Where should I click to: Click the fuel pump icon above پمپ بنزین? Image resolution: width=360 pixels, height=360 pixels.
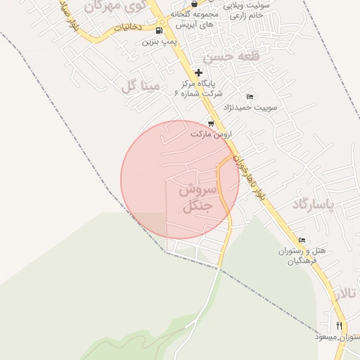pyautogui.click(x=160, y=30)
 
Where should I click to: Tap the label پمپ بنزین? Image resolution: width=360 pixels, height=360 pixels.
pyautogui.click(x=159, y=41)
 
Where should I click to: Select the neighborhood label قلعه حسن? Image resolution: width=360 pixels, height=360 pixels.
pyautogui.click(x=226, y=56)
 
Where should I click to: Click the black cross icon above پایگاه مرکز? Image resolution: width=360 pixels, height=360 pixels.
pyautogui.click(x=199, y=72)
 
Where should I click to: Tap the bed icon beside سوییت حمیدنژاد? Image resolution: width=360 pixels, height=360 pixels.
pyautogui.click(x=250, y=96)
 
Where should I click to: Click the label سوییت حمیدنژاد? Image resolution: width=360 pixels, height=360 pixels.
pyautogui.click(x=251, y=108)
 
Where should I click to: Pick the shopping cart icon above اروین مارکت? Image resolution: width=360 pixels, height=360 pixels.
pyautogui.click(x=210, y=122)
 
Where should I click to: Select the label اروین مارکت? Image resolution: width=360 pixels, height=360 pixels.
pyautogui.click(x=211, y=133)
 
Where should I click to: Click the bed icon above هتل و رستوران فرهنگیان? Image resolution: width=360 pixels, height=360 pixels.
pyautogui.click(x=302, y=240)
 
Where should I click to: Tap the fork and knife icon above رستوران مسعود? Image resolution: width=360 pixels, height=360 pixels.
pyautogui.click(x=339, y=326)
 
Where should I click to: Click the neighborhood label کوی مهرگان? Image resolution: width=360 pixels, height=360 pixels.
pyautogui.click(x=112, y=6)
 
